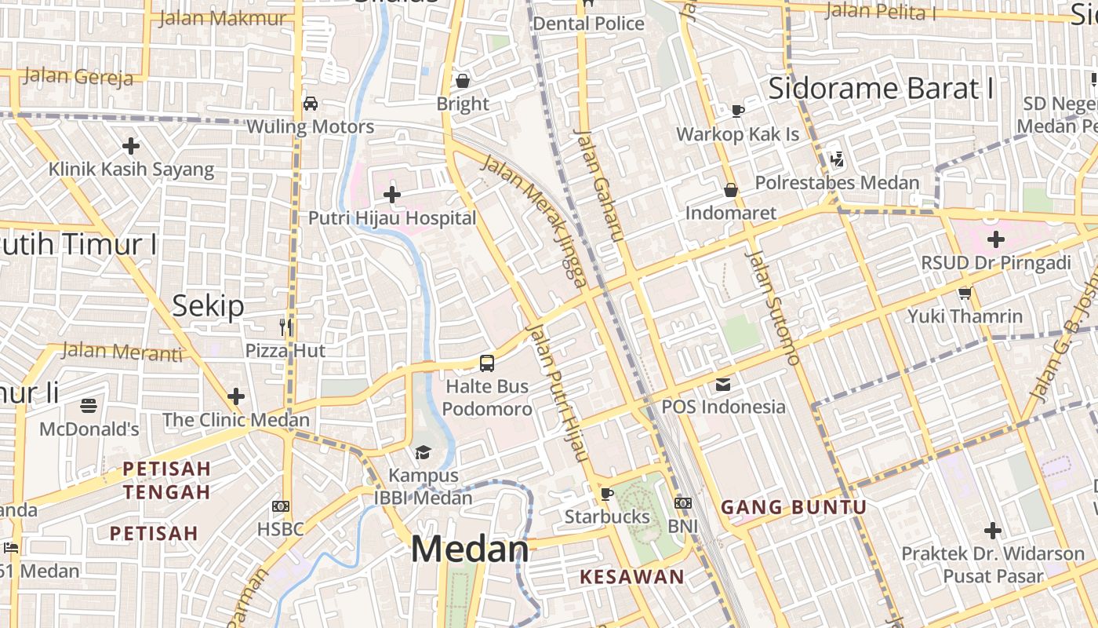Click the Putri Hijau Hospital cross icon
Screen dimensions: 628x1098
click(x=392, y=195)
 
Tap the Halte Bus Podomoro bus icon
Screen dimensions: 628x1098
click(x=487, y=363)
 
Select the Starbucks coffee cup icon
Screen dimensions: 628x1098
click(x=606, y=494)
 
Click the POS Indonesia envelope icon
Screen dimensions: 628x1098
click(x=722, y=385)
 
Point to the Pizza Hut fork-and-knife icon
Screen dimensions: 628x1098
click(x=285, y=327)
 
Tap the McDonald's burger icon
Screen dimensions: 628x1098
click(x=89, y=406)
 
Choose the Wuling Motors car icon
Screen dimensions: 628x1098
click(x=310, y=104)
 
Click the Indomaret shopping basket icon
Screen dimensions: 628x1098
click(x=731, y=190)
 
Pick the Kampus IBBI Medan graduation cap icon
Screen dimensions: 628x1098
click(x=424, y=452)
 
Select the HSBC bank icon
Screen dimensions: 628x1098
click(x=280, y=506)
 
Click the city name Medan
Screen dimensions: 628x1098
click(x=470, y=549)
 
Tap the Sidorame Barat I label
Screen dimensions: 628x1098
click(x=881, y=89)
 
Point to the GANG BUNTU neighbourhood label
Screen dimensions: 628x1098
click(x=794, y=507)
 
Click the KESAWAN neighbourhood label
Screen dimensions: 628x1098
click(x=632, y=577)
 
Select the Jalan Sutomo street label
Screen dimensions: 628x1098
click(x=772, y=308)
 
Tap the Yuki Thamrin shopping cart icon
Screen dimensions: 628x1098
click(x=965, y=294)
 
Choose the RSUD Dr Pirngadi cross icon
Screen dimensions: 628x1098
click(x=996, y=239)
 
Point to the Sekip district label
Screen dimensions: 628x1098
click(x=208, y=305)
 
